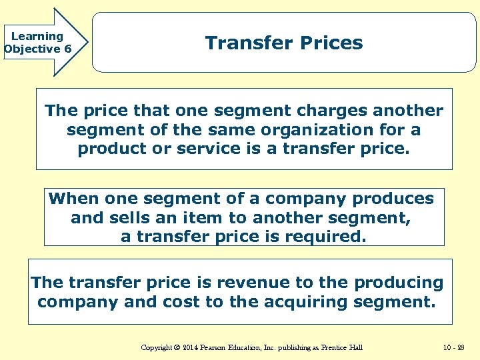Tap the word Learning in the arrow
[37, 37]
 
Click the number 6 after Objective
[68, 49]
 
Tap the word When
[74, 199]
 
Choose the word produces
[393, 199]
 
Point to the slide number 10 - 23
[454, 348]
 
